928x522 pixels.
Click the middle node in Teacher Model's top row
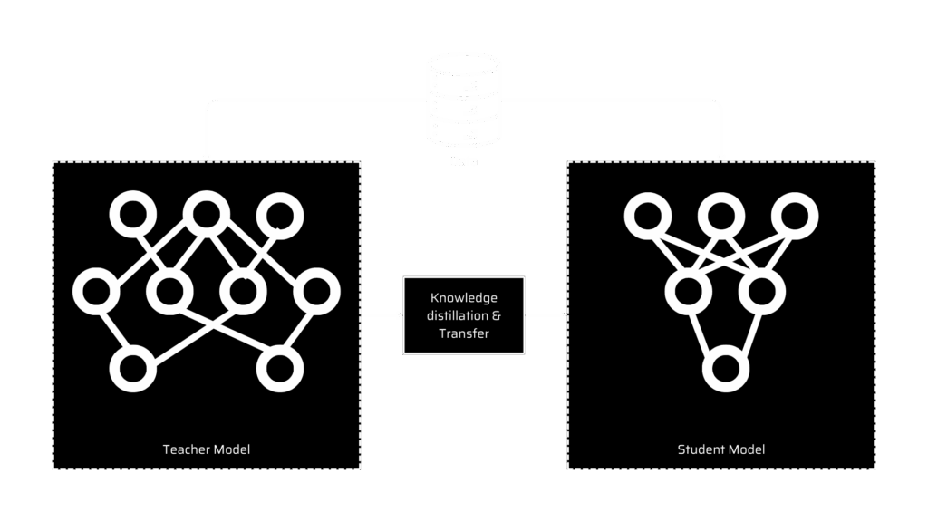click(x=204, y=215)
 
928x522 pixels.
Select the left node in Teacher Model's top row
click(x=132, y=215)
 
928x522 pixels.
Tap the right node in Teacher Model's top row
click(x=278, y=215)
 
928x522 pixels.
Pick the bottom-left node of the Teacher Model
click(x=132, y=368)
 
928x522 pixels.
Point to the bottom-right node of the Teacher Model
click(x=278, y=368)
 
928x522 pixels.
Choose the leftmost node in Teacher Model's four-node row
click(x=96, y=292)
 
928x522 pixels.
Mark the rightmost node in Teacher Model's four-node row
click(x=316, y=292)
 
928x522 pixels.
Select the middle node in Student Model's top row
click(x=721, y=215)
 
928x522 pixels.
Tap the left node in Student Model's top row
click(x=647, y=215)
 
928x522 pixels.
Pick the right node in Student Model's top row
click(x=795, y=215)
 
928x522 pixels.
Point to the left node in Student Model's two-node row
click(x=687, y=292)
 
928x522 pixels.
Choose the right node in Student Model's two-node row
click(x=761, y=292)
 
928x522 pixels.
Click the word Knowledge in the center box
click(x=464, y=298)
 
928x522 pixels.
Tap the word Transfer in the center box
click(x=464, y=333)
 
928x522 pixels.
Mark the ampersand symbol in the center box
click(x=495, y=315)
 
